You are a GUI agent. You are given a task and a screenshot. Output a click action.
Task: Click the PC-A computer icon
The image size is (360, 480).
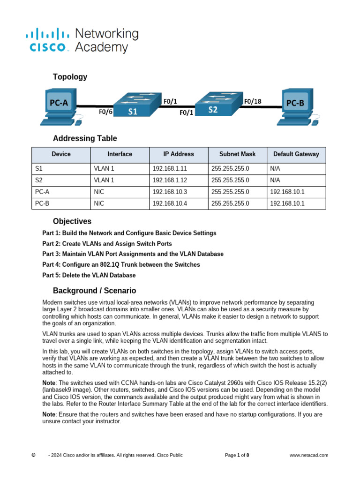[60, 105]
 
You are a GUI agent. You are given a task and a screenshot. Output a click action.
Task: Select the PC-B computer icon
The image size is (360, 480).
[296, 105]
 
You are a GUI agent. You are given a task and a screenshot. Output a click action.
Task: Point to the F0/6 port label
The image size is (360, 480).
[105, 112]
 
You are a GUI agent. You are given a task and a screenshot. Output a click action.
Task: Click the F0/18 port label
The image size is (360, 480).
[253, 101]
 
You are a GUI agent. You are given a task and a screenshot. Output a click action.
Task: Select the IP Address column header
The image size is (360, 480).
[178, 154]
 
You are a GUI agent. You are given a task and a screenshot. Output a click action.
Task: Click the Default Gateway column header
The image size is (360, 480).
[296, 154]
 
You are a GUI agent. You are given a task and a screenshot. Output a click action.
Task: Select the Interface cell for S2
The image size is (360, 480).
[104, 180]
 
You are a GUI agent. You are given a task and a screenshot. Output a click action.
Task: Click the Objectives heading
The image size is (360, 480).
[72, 221]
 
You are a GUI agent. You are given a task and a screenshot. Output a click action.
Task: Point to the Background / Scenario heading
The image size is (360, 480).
[94, 291]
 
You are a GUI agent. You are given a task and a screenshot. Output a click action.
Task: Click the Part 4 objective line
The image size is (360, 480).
[121, 265]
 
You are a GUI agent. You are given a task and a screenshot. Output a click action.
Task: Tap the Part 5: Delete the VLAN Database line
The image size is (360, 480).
[89, 275]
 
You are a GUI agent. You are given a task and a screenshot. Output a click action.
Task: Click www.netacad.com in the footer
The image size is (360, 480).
[308, 455]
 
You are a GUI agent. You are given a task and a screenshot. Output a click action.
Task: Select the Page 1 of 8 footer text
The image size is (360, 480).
[237, 455]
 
